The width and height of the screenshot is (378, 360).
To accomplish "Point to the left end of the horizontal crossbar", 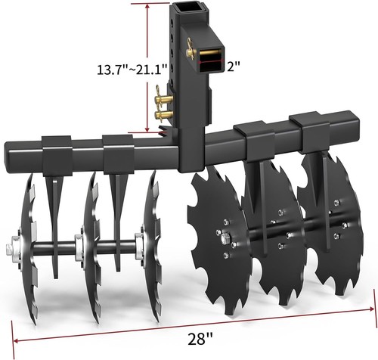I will click(11, 151).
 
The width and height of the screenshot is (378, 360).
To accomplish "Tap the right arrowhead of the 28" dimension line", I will click(372, 309).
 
